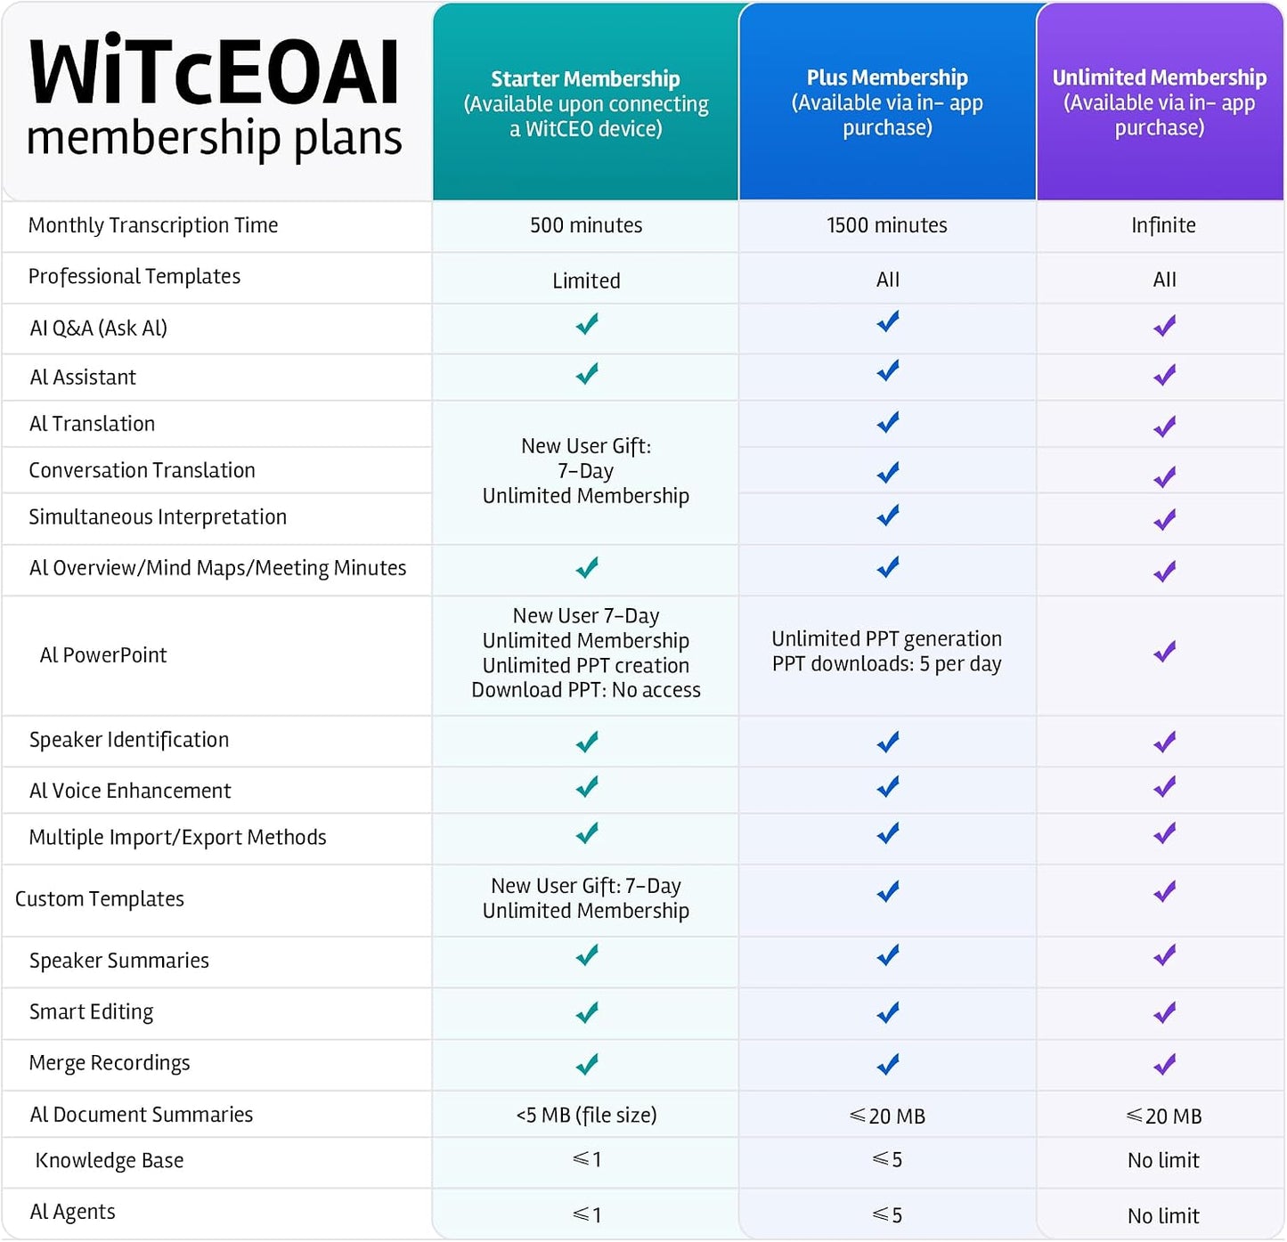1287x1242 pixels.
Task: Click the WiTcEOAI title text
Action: tap(214, 72)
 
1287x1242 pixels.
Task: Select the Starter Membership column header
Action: tap(585, 78)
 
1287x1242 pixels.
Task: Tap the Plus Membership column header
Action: tap(887, 77)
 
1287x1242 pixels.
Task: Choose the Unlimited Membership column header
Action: tap(1160, 77)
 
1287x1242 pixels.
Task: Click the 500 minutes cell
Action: tap(586, 225)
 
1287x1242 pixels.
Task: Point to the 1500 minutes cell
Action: tap(887, 225)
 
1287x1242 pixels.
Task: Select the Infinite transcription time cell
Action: tap(1163, 225)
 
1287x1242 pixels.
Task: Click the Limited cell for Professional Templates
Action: tap(586, 281)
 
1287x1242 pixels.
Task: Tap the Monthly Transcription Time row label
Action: tap(153, 225)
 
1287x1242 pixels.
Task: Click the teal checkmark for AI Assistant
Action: tap(587, 373)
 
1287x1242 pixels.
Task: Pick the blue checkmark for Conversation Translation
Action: tap(888, 472)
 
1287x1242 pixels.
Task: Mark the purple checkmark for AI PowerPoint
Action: tap(1165, 652)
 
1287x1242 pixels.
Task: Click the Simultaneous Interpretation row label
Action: tap(158, 517)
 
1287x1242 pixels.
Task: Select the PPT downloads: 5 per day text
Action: tap(887, 663)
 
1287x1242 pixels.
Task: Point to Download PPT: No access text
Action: tap(586, 690)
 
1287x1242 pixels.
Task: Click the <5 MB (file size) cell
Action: tap(586, 1115)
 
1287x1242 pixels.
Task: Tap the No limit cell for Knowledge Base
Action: tap(1163, 1160)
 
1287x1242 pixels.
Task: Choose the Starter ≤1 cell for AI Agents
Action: tap(587, 1215)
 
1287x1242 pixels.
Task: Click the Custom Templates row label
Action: tap(99, 899)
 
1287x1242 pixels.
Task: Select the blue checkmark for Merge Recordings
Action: tap(888, 1064)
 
